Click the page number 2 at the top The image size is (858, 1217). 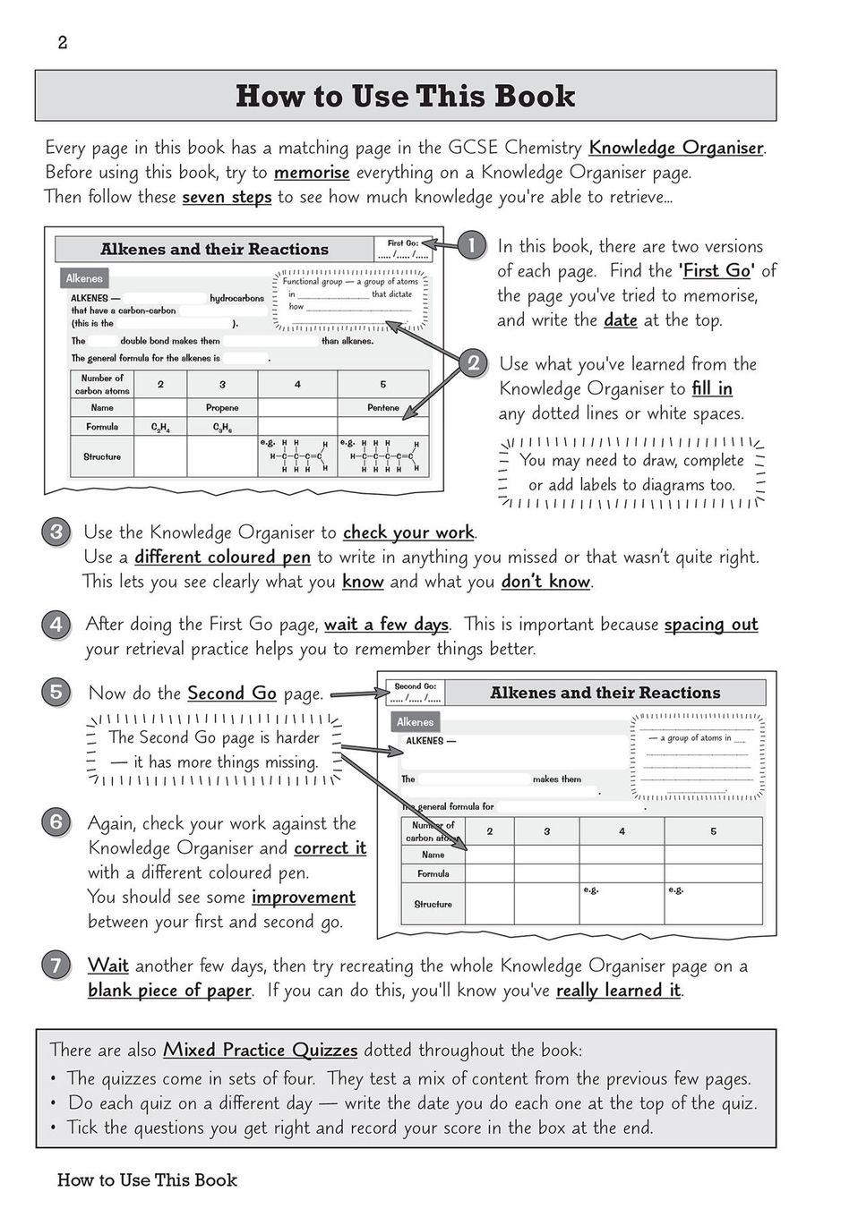coord(62,42)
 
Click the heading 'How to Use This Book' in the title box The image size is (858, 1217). coord(405,96)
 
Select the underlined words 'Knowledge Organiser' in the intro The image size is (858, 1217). coord(675,148)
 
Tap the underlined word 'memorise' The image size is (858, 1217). coord(312,173)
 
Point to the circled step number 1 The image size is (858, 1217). coord(471,245)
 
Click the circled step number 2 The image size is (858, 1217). coord(473,362)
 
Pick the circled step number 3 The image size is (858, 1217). coord(56,532)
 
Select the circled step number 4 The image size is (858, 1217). coord(56,624)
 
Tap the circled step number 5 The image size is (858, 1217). coord(56,692)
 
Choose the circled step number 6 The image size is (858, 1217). coord(56,821)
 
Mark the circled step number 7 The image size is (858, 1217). coord(56,965)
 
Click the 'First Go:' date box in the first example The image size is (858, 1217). coord(402,249)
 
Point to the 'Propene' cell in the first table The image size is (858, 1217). coord(222,407)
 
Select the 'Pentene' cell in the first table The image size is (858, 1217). coord(382,407)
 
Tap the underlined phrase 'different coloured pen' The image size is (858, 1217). coord(222,557)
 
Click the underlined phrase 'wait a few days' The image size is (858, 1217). coord(386,625)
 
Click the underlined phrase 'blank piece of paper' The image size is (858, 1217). coord(169,991)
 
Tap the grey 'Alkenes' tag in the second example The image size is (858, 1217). coord(415,722)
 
